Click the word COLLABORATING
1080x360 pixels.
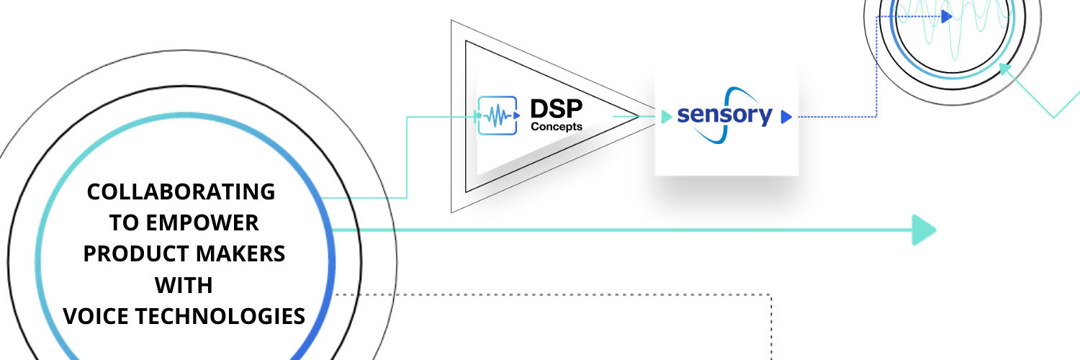tap(181, 192)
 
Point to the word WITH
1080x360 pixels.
tap(184, 285)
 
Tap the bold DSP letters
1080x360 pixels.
tap(556, 109)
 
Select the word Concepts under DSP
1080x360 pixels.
tap(557, 127)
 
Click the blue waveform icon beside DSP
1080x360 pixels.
tap(498, 115)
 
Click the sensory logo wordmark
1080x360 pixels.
tap(724, 115)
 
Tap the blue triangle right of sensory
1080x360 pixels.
tap(786, 116)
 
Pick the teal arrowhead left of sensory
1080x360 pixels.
tap(666, 116)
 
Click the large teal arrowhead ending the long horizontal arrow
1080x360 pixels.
tap(924, 230)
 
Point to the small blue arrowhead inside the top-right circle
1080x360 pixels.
tap(946, 16)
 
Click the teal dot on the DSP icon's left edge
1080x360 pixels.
tap(478, 115)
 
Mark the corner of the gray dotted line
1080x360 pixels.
tap(771, 294)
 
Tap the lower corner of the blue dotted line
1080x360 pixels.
tap(876, 116)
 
